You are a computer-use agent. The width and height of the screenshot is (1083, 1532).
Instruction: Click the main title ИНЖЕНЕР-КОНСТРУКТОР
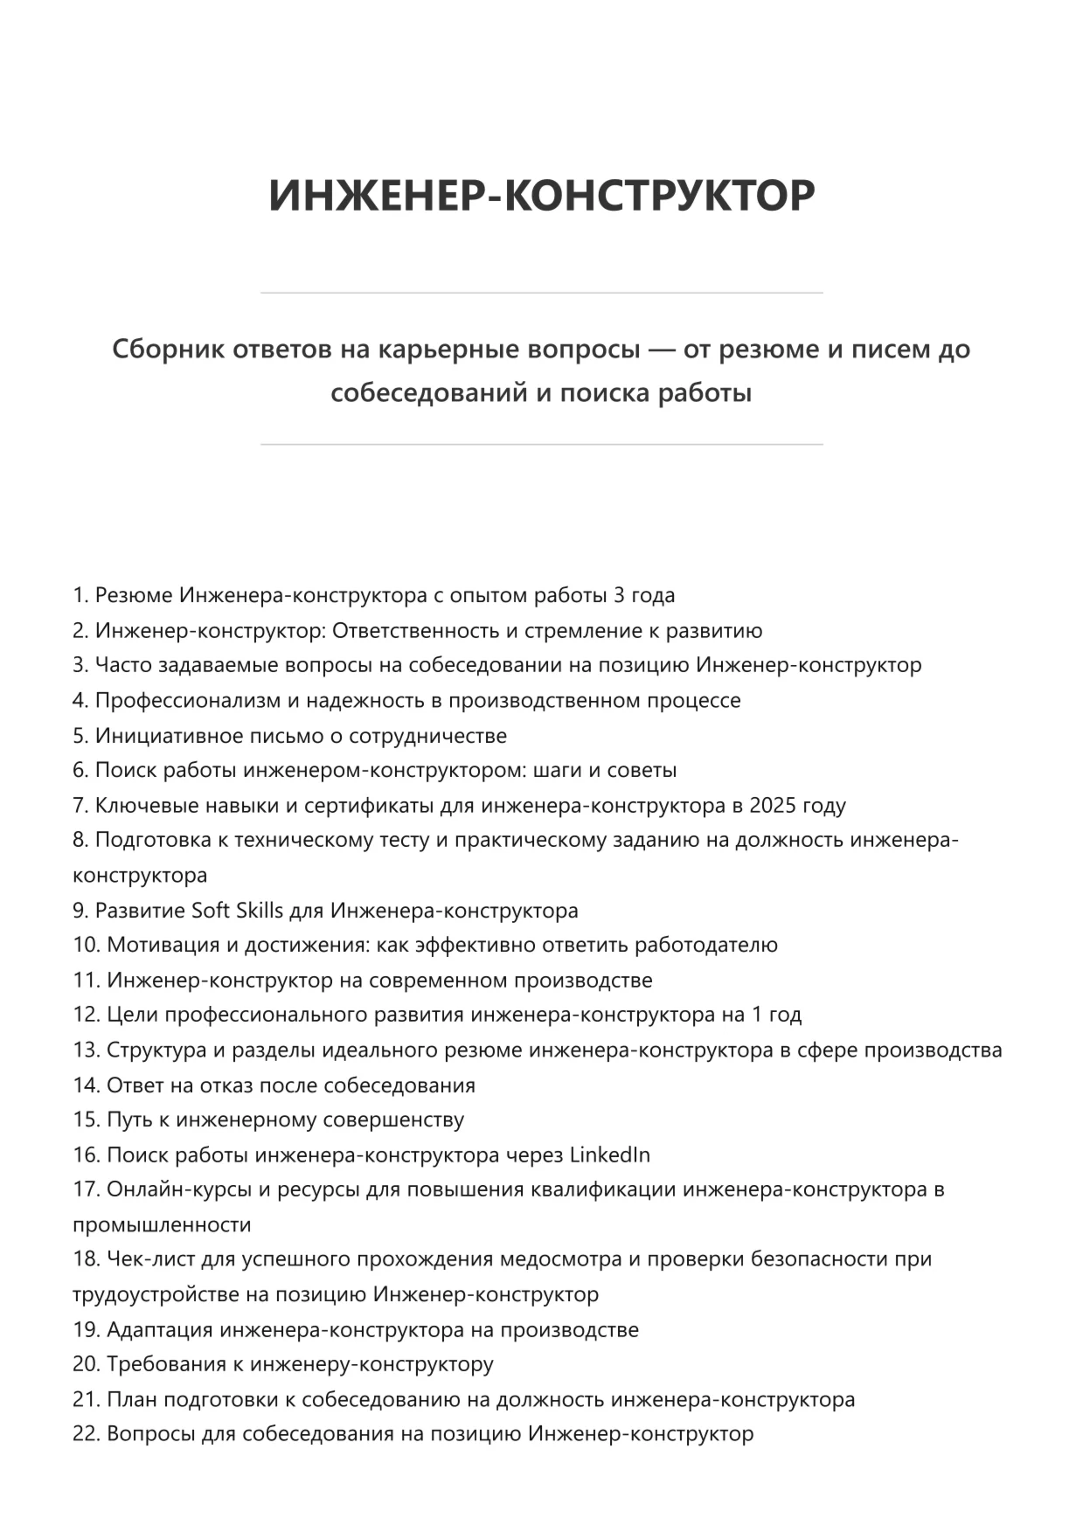click(541, 195)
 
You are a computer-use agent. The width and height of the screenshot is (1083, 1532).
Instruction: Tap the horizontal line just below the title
click(541, 293)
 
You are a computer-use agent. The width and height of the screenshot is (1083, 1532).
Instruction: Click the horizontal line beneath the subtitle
click(541, 445)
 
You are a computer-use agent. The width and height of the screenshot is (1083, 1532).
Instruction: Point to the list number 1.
click(80, 596)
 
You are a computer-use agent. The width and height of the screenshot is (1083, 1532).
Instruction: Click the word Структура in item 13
click(154, 1050)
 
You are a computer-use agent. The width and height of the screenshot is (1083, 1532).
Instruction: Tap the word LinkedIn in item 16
click(609, 1155)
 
